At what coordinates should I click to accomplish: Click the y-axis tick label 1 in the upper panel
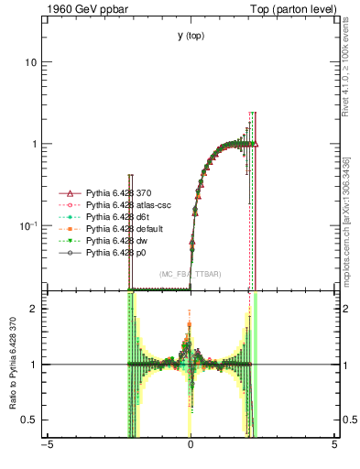click(34, 145)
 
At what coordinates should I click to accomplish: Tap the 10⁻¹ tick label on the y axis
click(28, 225)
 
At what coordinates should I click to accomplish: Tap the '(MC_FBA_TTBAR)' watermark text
click(190, 274)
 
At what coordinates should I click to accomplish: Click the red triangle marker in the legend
click(66, 193)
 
